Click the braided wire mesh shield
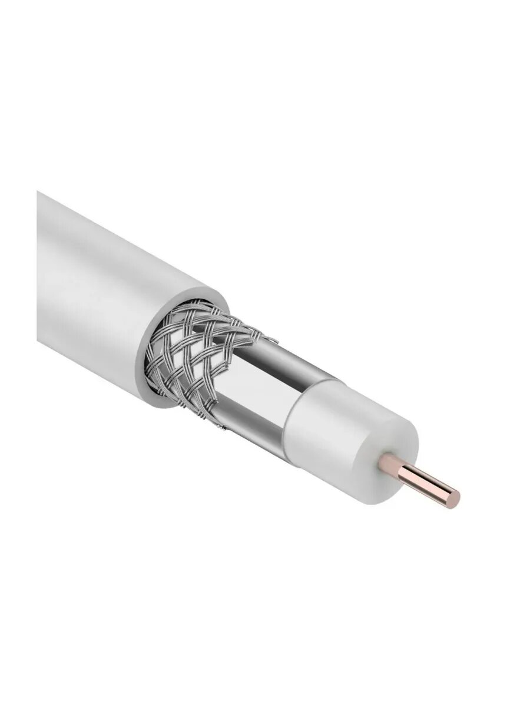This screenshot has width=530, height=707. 194,359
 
